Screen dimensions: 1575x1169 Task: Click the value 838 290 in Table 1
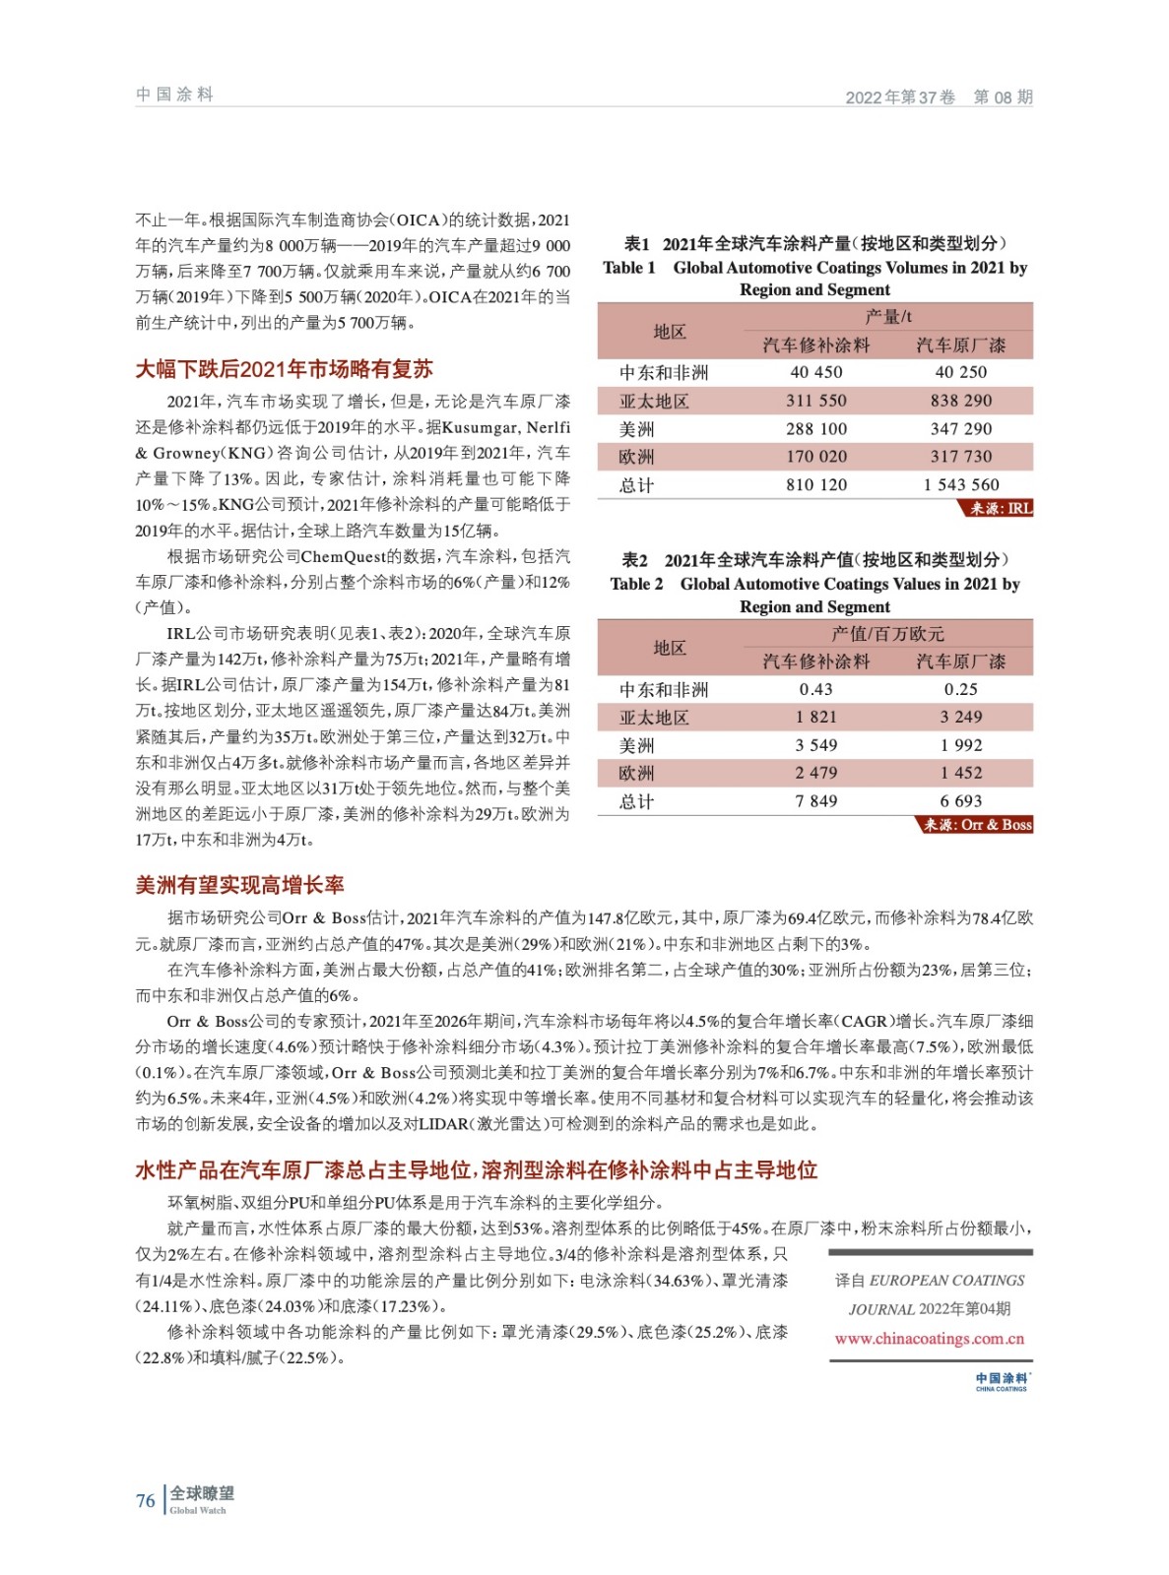(x=961, y=401)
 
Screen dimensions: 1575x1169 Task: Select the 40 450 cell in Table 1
(x=815, y=372)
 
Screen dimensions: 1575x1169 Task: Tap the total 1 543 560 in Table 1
(x=961, y=484)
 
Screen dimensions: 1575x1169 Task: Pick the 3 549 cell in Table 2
(x=815, y=745)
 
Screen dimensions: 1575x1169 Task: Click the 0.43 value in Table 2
(x=815, y=689)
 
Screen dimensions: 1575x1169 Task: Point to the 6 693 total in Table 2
(x=961, y=801)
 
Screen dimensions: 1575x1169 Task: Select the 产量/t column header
(x=888, y=316)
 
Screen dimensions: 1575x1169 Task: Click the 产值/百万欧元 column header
(x=888, y=633)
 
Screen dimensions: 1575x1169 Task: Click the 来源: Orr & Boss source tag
(x=977, y=825)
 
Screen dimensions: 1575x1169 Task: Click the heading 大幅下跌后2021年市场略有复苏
(x=284, y=369)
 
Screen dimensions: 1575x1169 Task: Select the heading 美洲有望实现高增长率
(x=239, y=885)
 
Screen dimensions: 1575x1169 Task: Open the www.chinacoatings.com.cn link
(x=930, y=1339)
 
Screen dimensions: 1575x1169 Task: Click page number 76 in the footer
(x=145, y=1500)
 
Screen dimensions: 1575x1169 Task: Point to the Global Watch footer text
(x=198, y=1510)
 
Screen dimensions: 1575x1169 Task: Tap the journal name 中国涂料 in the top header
(x=174, y=94)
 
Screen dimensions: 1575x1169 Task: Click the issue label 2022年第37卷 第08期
(x=939, y=96)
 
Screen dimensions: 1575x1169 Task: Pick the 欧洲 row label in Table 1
(x=636, y=457)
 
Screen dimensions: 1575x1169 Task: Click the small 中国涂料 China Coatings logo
(x=1002, y=1382)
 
